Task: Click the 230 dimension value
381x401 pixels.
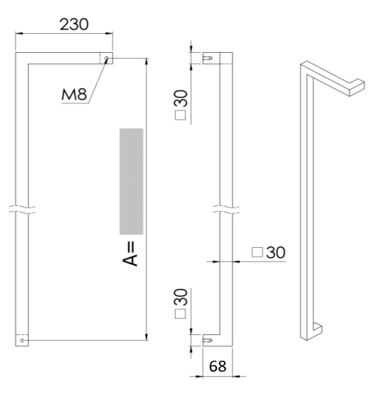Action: pos(73,23)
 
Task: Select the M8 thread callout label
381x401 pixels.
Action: pos(73,95)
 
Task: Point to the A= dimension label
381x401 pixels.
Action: pos(131,253)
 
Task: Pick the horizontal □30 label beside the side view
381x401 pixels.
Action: pos(268,252)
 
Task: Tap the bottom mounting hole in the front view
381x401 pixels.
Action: pos(23,340)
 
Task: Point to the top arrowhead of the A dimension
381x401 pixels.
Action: pos(148,61)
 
